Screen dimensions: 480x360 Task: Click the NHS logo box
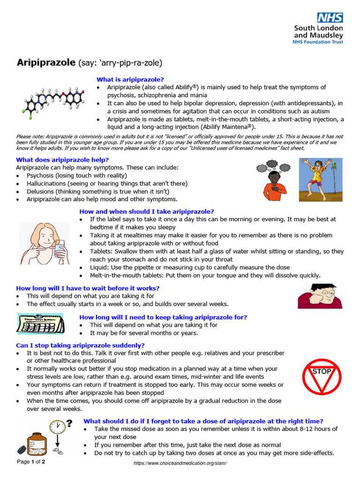(x=330, y=18)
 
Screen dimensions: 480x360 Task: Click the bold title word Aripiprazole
(x=46, y=62)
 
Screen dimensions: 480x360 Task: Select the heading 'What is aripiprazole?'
(x=130, y=79)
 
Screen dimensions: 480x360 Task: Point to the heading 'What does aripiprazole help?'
(x=62, y=159)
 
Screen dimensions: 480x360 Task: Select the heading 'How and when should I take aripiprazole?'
(x=147, y=211)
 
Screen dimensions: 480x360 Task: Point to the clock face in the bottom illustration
(x=57, y=427)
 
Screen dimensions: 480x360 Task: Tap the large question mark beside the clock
(x=69, y=424)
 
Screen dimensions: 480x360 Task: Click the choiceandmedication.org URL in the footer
(x=180, y=463)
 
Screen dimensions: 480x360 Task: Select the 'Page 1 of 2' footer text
(x=31, y=462)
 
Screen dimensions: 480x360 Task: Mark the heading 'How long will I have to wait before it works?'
(x=88, y=288)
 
